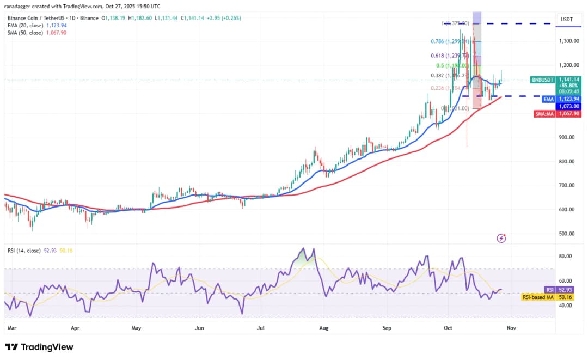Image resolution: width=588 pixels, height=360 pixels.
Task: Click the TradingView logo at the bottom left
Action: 39,347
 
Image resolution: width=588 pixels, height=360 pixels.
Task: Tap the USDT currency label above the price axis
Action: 566,19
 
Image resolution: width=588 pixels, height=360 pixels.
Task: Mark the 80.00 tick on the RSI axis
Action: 565,256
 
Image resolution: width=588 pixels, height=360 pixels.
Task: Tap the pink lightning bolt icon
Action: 502,238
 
